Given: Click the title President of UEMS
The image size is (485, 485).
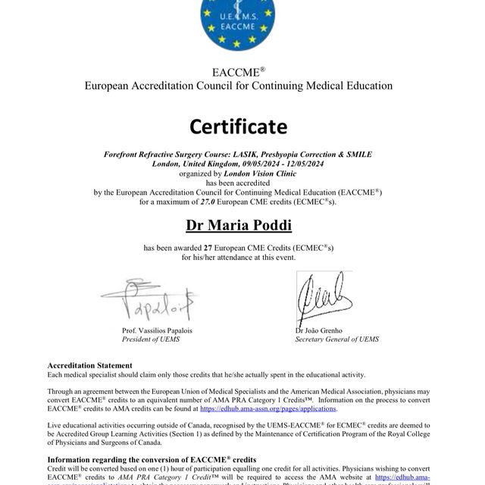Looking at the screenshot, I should [x=151, y=339].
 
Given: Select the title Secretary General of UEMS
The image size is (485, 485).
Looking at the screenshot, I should [x=336, y=339].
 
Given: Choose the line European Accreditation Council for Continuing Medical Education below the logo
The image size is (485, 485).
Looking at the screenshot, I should [x=238, y=86].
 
